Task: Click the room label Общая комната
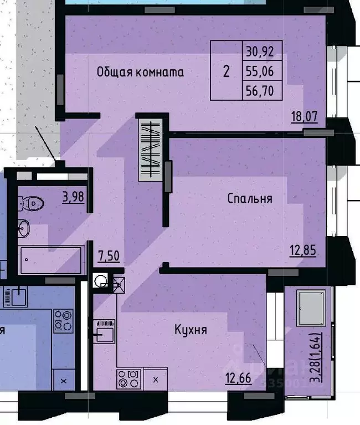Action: (x=140, y=71)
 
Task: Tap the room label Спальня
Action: (x=250, y=198)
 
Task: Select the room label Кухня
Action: (x=191, y=330)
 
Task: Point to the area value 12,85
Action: (x=302, y=250)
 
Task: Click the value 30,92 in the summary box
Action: (x=263, y=53)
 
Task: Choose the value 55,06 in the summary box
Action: (x=263, y=71)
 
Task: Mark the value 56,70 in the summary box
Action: (x=263, y=90)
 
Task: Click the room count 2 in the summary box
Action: (x=226, y=71)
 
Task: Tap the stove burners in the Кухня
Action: (x=128, y=379)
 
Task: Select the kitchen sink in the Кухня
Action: (x=105, y=332)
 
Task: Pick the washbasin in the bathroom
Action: (x=24, y=227)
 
